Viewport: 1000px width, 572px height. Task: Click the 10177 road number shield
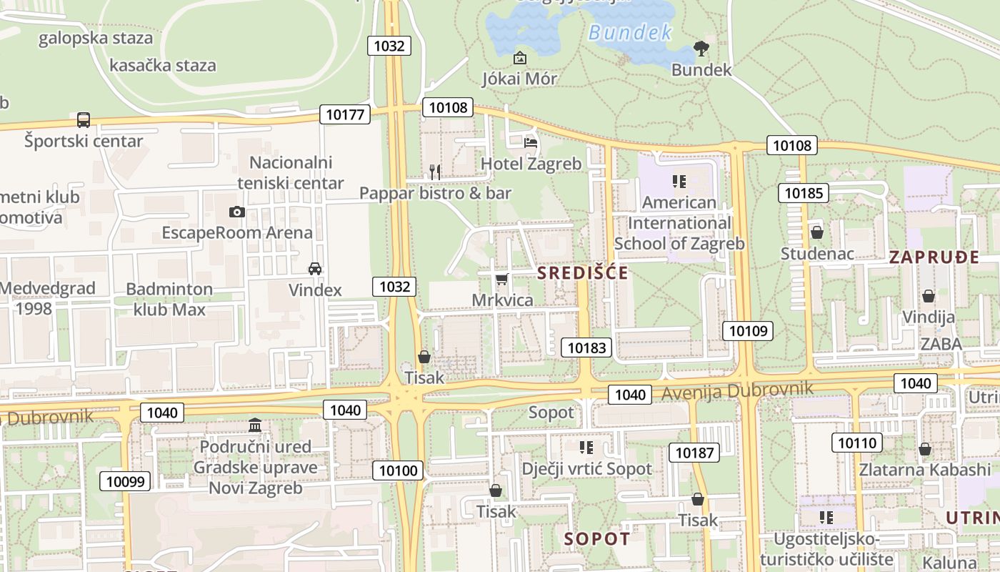click(x=345, y=114)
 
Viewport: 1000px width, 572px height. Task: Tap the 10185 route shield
click(x=804, y=192)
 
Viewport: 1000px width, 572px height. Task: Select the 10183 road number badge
click(x=587, y=348)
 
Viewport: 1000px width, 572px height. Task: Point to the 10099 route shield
click(x=125, y=481)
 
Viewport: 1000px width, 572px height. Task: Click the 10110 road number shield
click(x=856, y=443)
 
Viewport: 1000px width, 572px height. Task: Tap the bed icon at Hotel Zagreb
click(x=531, y=143)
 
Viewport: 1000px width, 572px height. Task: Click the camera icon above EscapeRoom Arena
click(x=237, y=212)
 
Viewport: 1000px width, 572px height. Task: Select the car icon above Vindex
click(x=314, y=269)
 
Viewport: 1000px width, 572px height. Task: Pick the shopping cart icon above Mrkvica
click(x=502, y=279)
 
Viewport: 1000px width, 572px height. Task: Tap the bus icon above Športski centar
click(x=84, y=119)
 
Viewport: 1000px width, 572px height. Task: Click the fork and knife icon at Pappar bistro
click(x=434, y=172)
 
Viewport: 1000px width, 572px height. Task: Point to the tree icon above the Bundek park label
click(x=701, y=49)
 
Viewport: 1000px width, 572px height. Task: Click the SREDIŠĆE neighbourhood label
click(x=583, y=273)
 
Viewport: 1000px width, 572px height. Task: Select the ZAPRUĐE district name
click(x=934, y=258)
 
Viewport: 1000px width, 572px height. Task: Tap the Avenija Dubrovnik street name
click(x=737, y=391)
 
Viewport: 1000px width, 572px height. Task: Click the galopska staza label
click(x=96, y=38)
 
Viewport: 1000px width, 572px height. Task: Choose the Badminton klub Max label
click(x=169, y=300)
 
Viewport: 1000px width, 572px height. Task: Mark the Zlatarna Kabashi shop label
click(x=925, y=470)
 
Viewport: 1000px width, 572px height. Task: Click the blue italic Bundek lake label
click(x=631, y=32)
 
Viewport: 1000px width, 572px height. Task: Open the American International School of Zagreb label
click(x=679, y=223)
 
